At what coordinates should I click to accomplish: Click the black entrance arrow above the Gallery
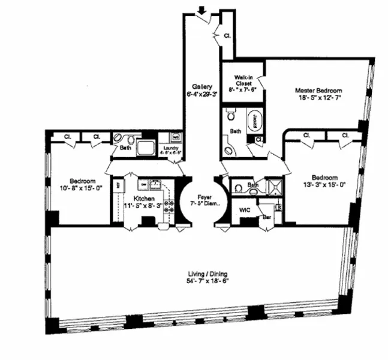click(202, 9)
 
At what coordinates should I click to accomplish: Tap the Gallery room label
click(202, 86)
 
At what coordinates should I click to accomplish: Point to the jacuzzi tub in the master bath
click(255, 120)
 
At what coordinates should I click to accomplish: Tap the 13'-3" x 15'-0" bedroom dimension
click(324, 185)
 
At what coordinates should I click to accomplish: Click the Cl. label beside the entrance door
click(228, 35)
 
